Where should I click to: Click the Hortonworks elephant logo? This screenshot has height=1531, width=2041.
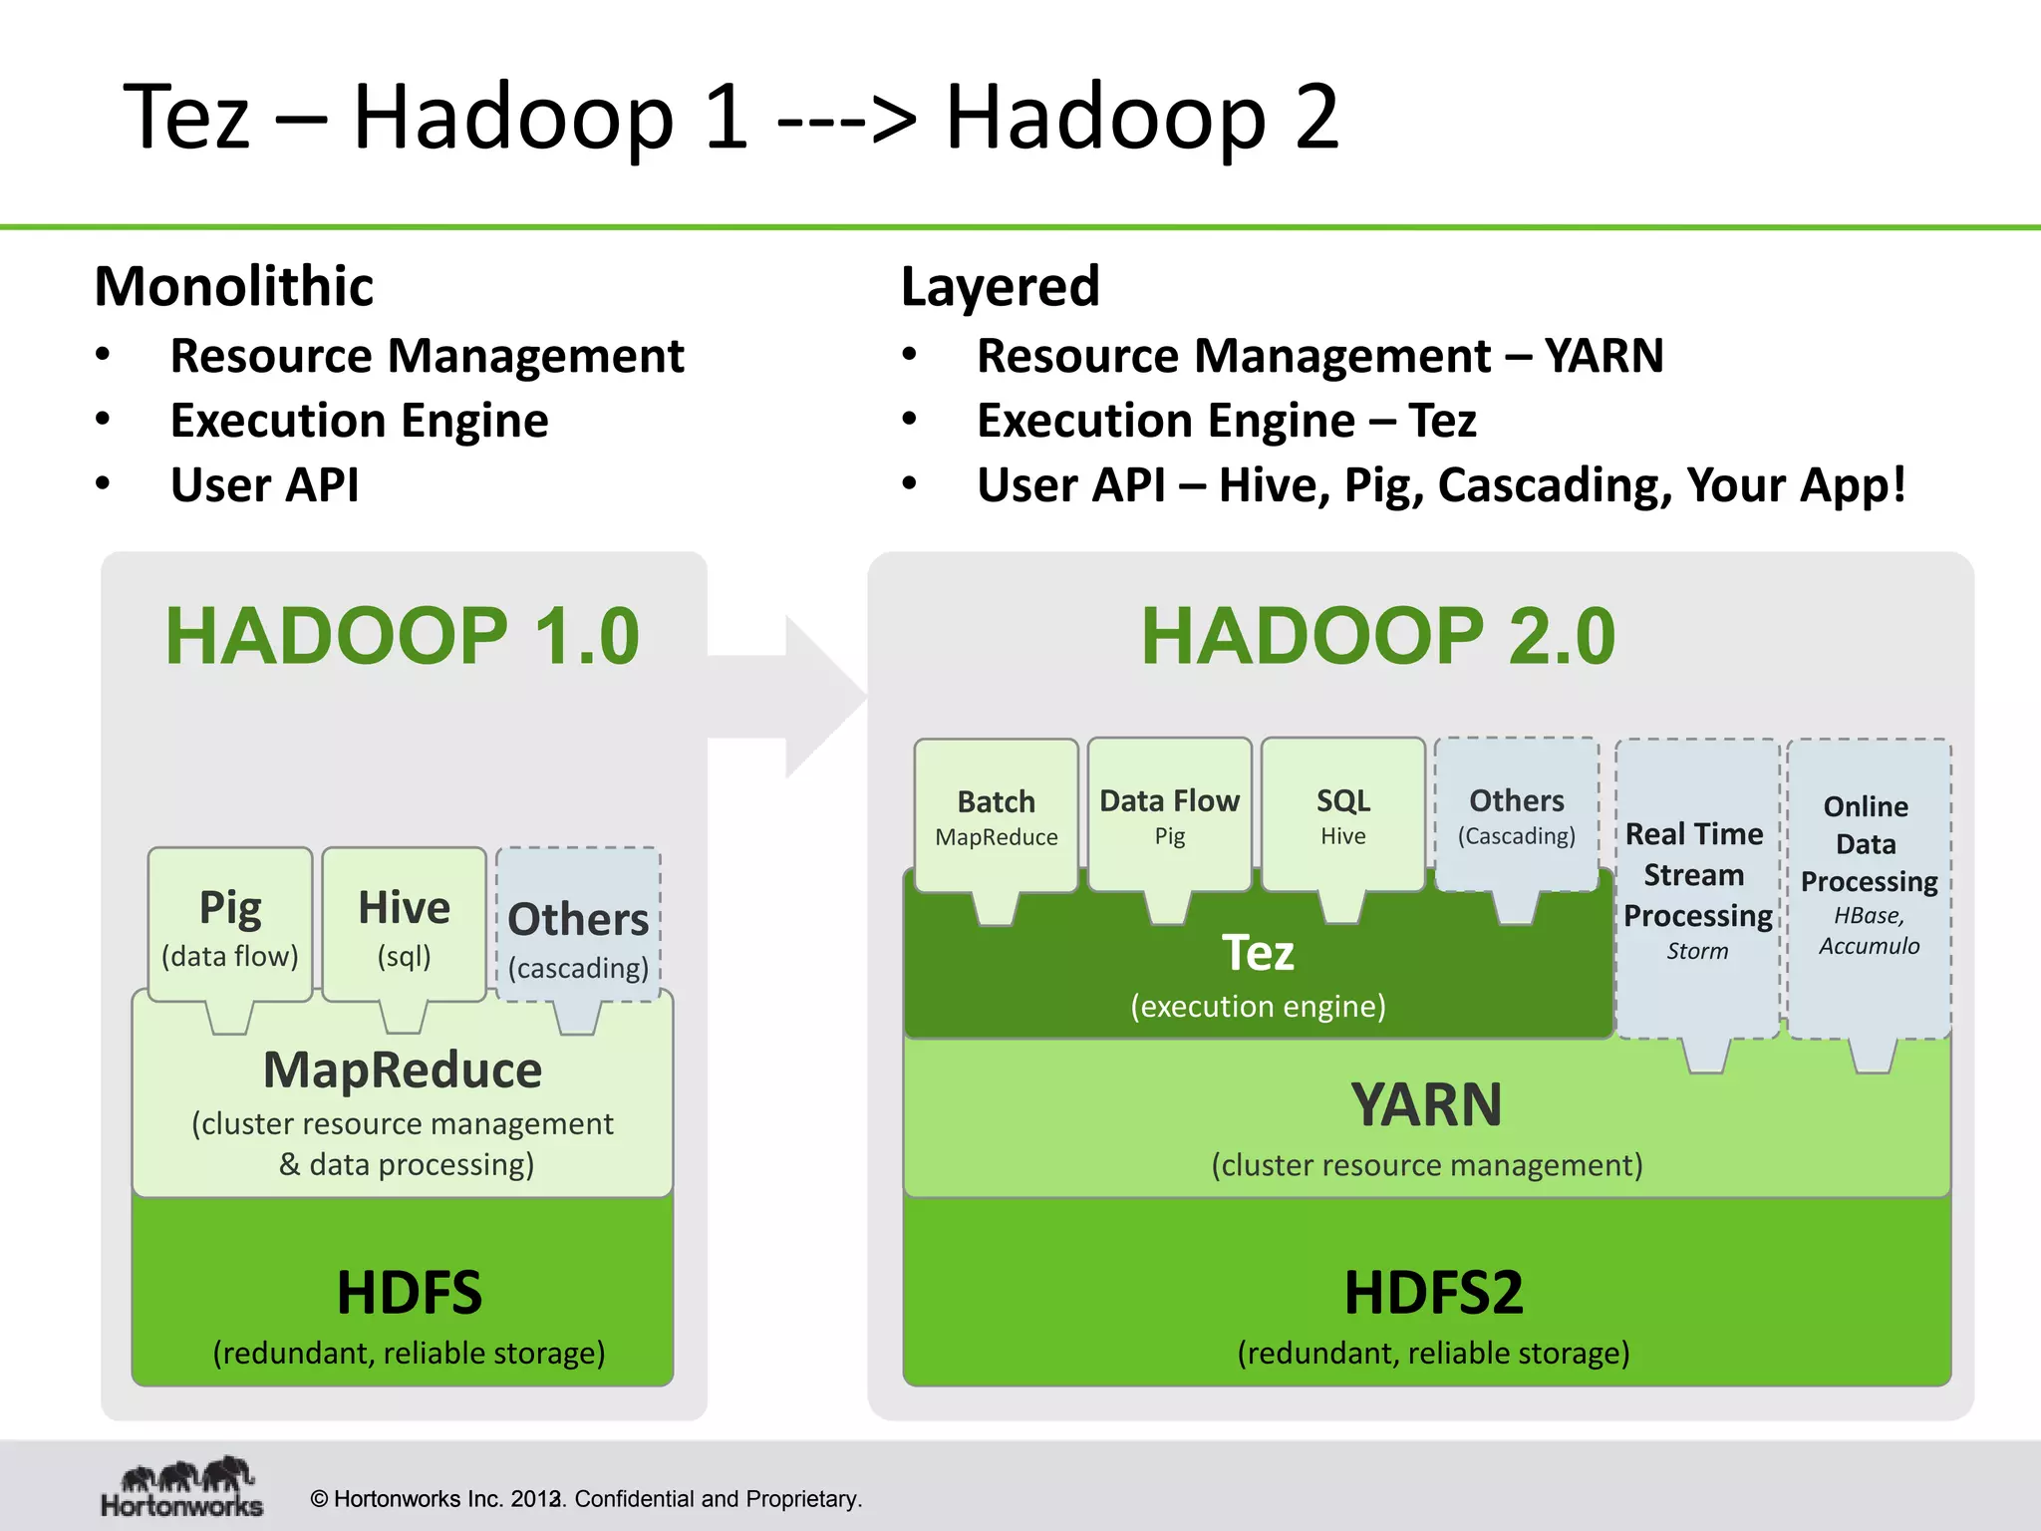[x=187, y=1474]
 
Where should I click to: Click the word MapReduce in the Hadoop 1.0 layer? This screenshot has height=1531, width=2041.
[x=403, y=1071]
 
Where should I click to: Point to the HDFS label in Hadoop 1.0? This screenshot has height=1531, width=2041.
[x=409, y=1293]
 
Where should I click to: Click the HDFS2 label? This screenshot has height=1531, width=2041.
[x=1433, y=1293]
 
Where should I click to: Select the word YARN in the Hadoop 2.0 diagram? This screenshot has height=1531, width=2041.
[x=1426, y=1104]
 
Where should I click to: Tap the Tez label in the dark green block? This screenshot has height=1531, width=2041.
[x=1258, y=953]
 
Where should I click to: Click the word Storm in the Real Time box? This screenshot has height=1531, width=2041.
[x=1697, y=951]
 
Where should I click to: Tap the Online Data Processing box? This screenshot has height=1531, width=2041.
[x=1869, y=877]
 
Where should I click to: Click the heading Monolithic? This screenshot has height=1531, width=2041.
[x=233, y=287]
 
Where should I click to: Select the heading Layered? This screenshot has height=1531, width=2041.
[x=1000, y=287]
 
